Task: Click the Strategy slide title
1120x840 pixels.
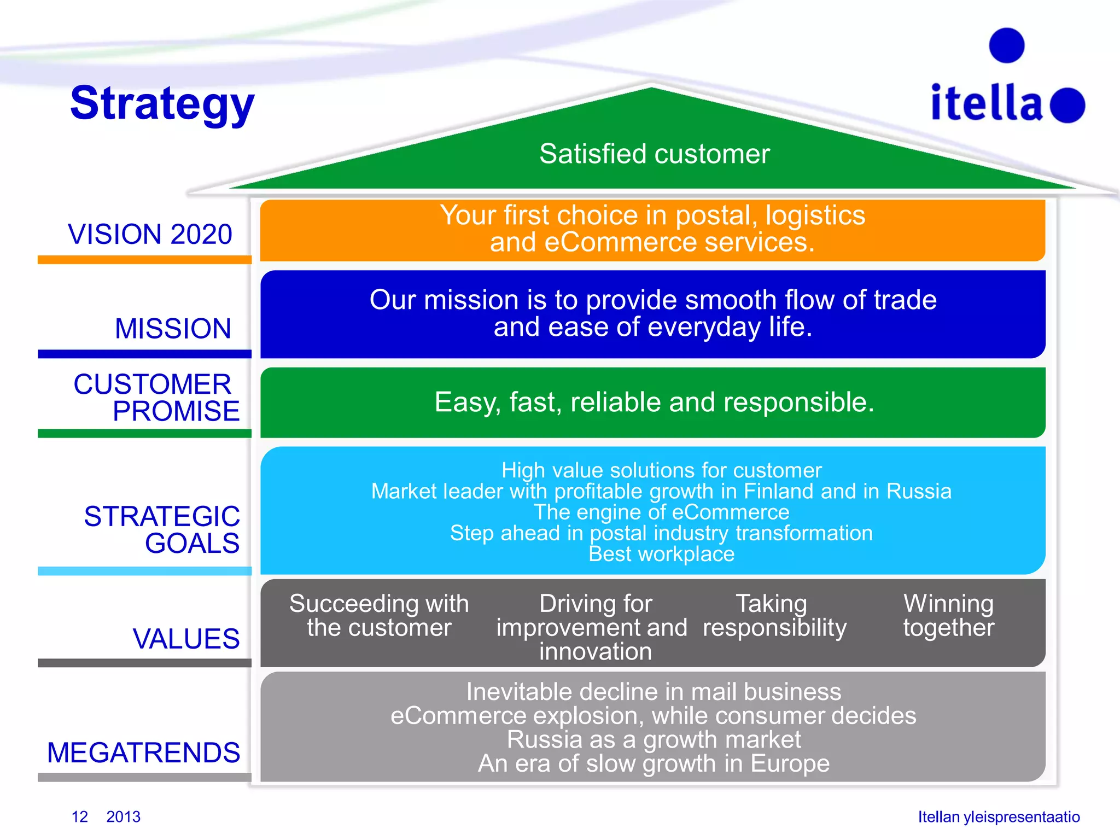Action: pos(162,104)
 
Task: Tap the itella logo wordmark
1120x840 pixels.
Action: pos(987,103)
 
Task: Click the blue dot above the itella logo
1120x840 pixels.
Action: pos(1006,45)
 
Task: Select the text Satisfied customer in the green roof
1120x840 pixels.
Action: pos(654,154)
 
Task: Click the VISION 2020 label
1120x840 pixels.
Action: pos(150,234)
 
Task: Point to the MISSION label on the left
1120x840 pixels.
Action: pos(173,329)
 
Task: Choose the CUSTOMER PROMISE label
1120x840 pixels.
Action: pos(157,398)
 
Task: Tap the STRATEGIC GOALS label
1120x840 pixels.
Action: pos(162,530)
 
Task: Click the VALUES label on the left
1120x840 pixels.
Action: pos(186,639)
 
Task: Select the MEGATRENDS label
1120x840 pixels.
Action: pos(144,752)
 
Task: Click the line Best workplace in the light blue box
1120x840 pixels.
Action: pos(661,554)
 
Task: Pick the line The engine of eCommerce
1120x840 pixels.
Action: pos(661,512)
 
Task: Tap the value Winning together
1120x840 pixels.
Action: pos(948,615)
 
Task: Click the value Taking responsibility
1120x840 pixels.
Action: pos(774,615)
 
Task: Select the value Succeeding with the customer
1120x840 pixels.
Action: pos(379,615)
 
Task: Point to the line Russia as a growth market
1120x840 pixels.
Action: pos(654,739)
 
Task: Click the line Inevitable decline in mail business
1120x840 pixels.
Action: pos(654,692)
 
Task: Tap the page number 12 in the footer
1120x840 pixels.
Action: pos(80,816)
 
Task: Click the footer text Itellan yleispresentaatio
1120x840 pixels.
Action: pos(999,816)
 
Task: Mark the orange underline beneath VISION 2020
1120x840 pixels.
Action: pos(144,260)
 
